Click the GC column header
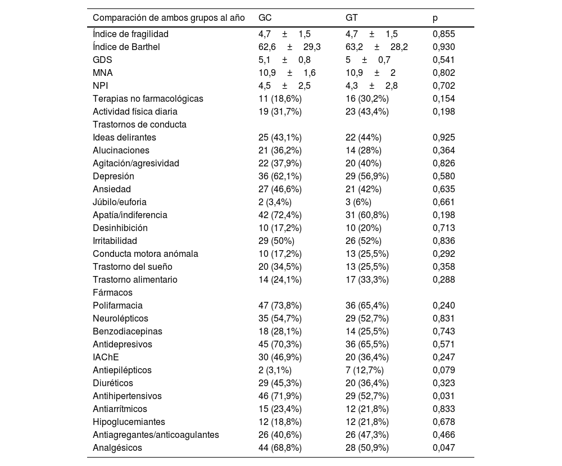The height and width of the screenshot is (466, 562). coord(265,18)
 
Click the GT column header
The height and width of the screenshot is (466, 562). coord(352,18)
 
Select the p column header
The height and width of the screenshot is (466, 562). coord(435,18)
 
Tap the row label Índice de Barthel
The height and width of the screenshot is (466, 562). coord(126,47)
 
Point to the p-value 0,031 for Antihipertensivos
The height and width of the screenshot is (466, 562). coord(444,396)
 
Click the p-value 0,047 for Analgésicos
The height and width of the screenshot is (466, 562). coord(444,447)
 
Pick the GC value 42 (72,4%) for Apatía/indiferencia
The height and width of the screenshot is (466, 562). coord(280,215)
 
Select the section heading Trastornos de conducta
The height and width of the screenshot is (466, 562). coord(139,124)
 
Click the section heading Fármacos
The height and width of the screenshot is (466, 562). coord(112,292)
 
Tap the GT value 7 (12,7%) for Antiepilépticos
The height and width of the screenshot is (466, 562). coord(365,370)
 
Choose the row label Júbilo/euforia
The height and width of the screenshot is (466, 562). coord(120,202)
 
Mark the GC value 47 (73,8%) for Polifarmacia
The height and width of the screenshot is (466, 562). coord(280,305)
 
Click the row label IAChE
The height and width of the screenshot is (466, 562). coord(106,357)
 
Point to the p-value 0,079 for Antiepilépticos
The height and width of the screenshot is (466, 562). coord(444,370)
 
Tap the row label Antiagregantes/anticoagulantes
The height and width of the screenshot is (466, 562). coord(156,435)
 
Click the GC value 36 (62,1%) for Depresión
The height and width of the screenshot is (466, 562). coord(280,176)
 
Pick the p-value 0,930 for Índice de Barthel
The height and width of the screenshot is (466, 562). coord(444,47)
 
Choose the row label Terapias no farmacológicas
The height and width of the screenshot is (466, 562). coord(148,98)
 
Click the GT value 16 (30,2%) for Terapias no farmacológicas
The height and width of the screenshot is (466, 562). coord(367,98)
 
